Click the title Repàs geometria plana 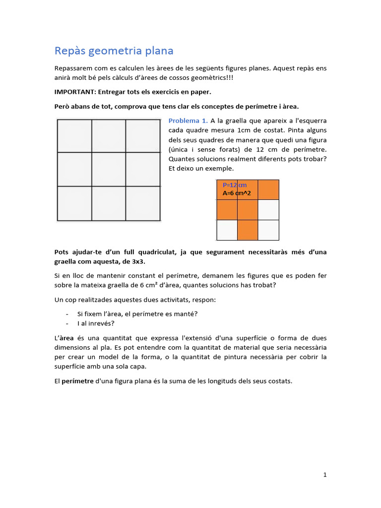tap(114, 51)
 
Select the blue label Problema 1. tap(188, 121)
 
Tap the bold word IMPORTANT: tap(75, 92)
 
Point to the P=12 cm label tap(234, 185)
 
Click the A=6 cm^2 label tap(237, 193)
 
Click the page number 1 tap(325, 475)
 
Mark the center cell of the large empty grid tap(109, 169)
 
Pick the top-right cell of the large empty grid tap(143, 135)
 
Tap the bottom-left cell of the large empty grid tap(74, 203)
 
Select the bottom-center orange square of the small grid tap(248, 230)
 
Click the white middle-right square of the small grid tap(268, 210)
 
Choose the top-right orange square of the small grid tap(268, 190)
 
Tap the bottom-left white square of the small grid tap(227, 230)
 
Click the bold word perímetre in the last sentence tap(77, 381)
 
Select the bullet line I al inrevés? tap(96, 323)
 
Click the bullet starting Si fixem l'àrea tap(137, 314)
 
